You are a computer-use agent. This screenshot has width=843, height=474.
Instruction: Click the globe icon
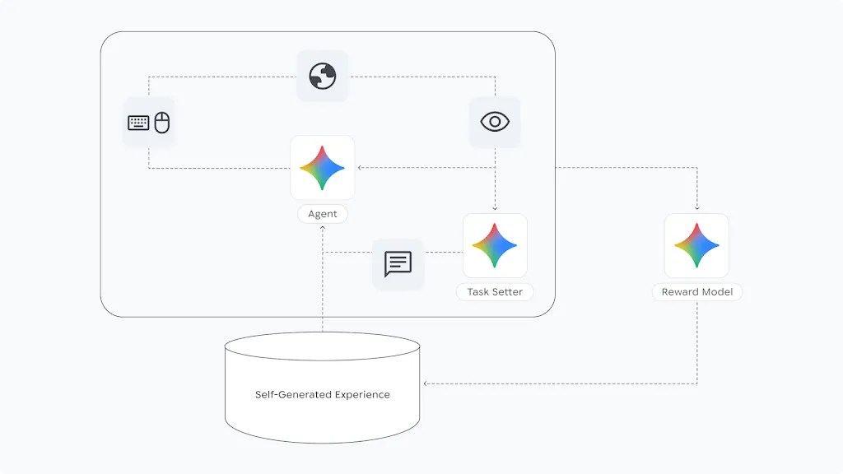[323, 77]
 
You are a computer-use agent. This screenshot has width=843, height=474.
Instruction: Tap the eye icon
[495, 122]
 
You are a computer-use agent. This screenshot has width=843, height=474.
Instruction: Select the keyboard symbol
[138, 123]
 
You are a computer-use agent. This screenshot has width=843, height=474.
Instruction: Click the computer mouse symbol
[162, 123]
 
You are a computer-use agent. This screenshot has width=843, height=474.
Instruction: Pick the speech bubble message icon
[398, 264]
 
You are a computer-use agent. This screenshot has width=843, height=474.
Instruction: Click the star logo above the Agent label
[323, 167]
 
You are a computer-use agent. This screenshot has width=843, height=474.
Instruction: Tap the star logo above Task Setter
[495, 245]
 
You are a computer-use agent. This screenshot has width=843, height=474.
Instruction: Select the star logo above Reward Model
[697, 245]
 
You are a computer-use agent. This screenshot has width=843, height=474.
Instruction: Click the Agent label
[323, 214]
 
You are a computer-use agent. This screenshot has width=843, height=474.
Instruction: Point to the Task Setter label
[495, 292]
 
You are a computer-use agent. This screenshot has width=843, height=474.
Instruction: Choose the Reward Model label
[697, 292]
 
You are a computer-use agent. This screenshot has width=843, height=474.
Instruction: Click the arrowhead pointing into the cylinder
[425, 383]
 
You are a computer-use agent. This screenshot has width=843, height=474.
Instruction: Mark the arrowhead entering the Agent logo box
[360, 168]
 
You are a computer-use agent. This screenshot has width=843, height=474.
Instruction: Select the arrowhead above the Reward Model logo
[697, 209]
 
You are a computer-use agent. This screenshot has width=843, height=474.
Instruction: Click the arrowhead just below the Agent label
[323, 227]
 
